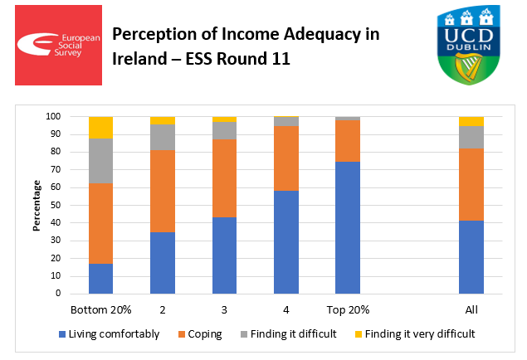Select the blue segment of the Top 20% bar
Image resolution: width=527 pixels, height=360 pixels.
(x=348, y=227)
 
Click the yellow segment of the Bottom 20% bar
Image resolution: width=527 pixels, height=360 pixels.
(x=100, y=128)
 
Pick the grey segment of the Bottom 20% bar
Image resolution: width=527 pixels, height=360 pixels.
(x=100, y=161)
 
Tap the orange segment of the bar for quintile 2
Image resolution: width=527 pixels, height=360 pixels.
(x=162, y=191)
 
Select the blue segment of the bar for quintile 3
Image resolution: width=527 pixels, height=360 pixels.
(x=224, y=255)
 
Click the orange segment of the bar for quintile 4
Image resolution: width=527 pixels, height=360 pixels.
(x=286, y=158)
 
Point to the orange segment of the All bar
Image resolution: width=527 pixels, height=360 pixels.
(x=471, y=184)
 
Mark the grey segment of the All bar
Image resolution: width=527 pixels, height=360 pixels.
(x=471, y=137)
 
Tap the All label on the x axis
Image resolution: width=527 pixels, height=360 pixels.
(x=471, y=309)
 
